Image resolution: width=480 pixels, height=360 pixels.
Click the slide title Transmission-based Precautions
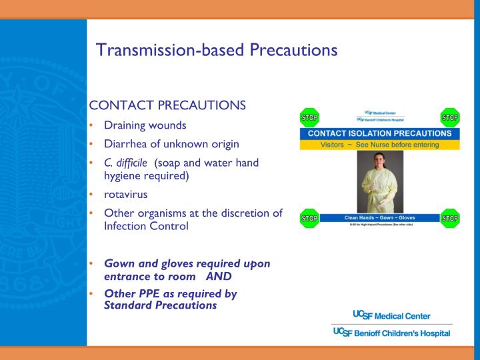217,50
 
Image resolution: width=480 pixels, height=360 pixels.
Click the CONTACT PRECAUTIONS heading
167,105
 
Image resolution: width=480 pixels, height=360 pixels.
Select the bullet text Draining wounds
145,125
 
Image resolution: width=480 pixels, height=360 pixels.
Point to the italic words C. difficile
125,163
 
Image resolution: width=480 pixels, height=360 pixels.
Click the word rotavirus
126,195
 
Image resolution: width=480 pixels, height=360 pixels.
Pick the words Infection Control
146,226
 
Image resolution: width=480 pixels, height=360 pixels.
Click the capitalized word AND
219,276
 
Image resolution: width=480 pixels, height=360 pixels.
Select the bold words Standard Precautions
160,305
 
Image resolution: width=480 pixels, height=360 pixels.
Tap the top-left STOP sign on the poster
309,118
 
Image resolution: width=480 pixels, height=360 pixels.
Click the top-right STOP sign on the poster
450,118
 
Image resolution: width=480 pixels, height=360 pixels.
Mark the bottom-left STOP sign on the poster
309,218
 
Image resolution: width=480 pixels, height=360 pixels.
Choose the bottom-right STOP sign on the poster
450,218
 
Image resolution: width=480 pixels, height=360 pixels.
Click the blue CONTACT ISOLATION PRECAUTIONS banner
379,133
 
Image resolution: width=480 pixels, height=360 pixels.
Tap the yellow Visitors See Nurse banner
379,145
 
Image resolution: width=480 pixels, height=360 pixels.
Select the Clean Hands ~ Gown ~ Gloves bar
379,217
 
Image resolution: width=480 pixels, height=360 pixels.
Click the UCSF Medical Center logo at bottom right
391,315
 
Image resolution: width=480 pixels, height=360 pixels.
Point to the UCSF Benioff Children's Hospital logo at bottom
391,333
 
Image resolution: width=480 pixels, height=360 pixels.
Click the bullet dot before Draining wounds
91,126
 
